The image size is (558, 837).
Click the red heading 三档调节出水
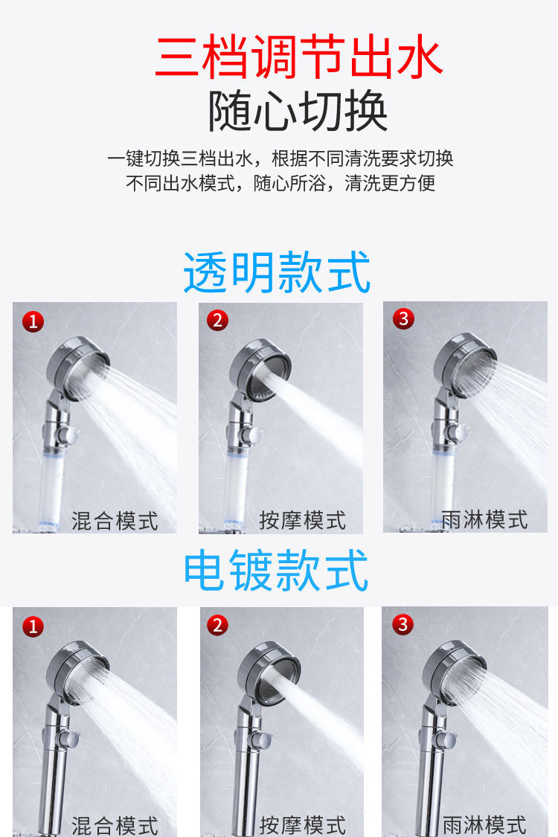[299, 58]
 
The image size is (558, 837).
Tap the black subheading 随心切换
[298, 112]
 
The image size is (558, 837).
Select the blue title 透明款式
[277, 273]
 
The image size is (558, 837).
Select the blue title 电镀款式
[277, 571]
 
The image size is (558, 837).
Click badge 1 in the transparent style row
[33, 322]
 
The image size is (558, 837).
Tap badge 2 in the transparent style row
[217, 321]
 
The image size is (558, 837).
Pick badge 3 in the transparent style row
[403, 319]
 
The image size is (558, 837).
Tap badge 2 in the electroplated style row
[217, 625]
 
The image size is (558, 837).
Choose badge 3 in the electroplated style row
[403, 624]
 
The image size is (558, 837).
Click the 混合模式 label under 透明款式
[115, 521]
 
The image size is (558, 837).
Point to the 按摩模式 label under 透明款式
[303, 520]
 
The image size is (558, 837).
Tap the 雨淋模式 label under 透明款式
[484, 519]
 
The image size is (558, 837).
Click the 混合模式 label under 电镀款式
[115, 824]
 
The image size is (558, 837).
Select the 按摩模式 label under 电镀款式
[303, 824]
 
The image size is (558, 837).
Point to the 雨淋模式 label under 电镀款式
[484, 824]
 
